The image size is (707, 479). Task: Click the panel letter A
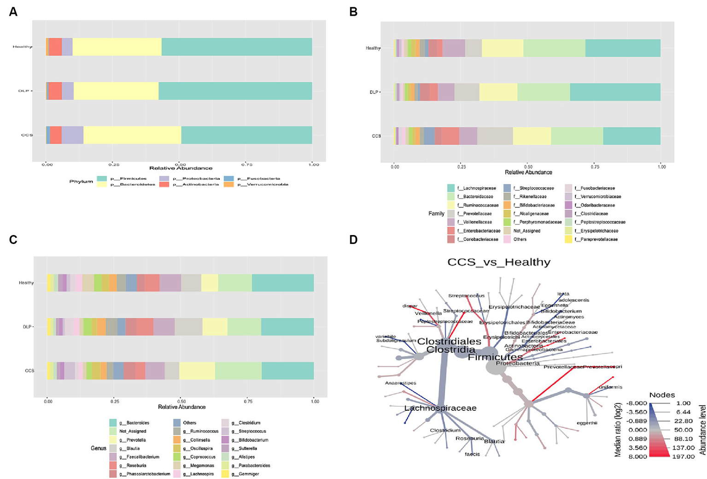pos(13,12)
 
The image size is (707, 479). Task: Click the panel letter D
pos(353,240)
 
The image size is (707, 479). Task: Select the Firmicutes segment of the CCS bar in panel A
pos(246,135)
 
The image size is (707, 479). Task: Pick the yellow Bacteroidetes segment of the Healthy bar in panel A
pos(117,47)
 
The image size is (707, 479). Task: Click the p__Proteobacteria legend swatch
pos(164,178)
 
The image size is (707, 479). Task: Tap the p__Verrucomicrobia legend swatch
pos(229,184)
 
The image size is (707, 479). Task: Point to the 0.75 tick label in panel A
pos(247,164)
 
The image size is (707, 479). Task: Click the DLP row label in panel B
pos(374,92)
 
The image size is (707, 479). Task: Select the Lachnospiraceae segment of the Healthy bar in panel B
pos(623,48)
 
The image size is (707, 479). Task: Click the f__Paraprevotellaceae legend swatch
pos(568,239)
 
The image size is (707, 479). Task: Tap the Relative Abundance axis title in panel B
pos(528,172)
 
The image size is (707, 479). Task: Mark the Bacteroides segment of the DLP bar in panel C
pos(287,327)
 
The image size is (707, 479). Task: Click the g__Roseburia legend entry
pos(136,466)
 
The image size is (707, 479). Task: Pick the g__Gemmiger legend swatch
pos(225,474)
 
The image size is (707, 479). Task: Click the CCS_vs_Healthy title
pos(499,262)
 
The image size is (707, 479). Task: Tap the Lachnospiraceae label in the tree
pos(440,408)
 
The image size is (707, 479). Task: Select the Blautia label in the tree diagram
pos(494,442)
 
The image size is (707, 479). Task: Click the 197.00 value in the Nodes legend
pos(683,456)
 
